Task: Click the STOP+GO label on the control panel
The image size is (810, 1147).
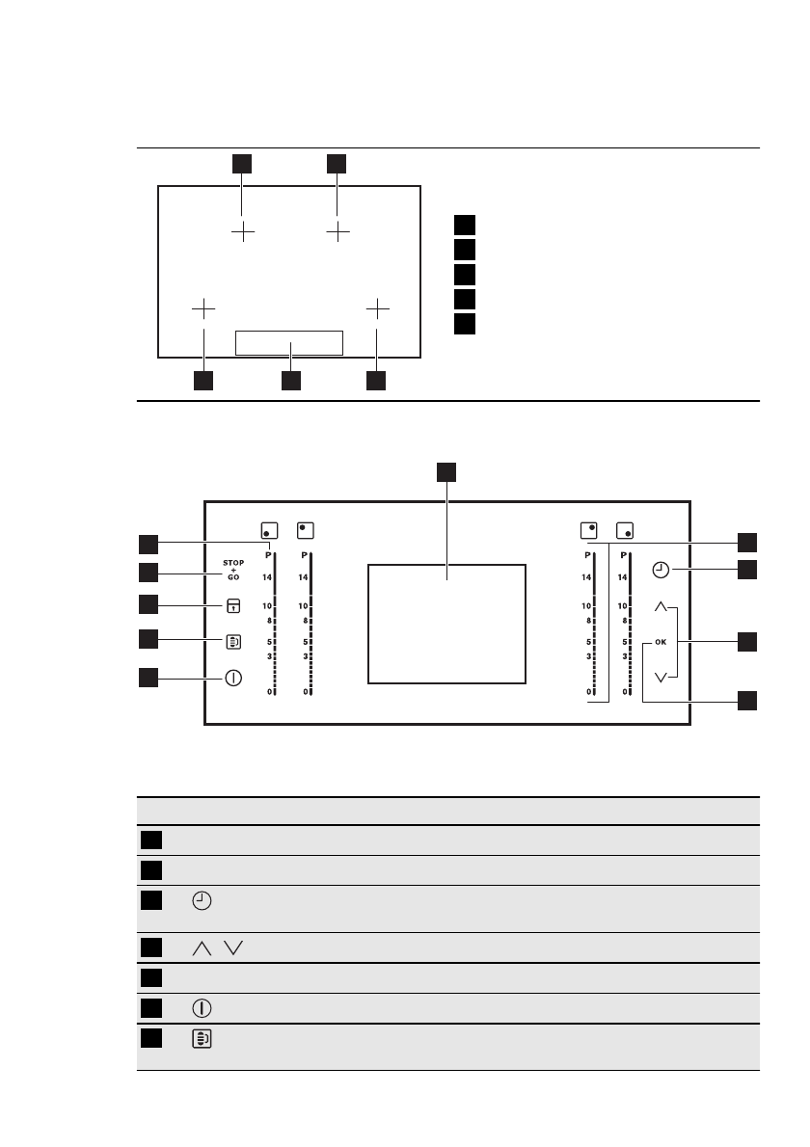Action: tap(233, 569)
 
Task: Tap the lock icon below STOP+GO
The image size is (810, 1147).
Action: tap(233, 605)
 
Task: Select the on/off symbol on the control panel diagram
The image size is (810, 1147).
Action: tap(233, 677)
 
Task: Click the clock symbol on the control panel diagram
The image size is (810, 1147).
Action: tap(661, 571)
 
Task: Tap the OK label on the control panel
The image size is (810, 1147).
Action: tap(661, 641)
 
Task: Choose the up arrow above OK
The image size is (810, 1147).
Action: tap(661, 607)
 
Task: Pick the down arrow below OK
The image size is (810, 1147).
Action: tap(661, 677)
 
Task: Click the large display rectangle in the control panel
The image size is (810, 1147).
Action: tap(447, 625)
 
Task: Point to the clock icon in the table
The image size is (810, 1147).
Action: tap(201, 902)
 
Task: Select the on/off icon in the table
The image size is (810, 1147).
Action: tap(202, 1008)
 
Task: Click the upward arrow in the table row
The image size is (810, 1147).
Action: tap(202, 948)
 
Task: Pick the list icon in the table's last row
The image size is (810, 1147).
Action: tap(202, 1040)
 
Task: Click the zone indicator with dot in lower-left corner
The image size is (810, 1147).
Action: tap(269, 530)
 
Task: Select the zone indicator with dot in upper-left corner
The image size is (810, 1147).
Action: tap(307, 529)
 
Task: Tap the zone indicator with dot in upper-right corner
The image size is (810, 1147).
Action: tap(589, 529)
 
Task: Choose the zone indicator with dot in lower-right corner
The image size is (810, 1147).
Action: tap(626, 530)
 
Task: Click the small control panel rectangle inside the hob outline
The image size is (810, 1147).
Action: tap(289, 342)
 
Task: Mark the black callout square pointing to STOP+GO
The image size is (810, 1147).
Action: tap(148, 573)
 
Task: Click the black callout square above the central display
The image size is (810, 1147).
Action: tap(446, 470)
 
